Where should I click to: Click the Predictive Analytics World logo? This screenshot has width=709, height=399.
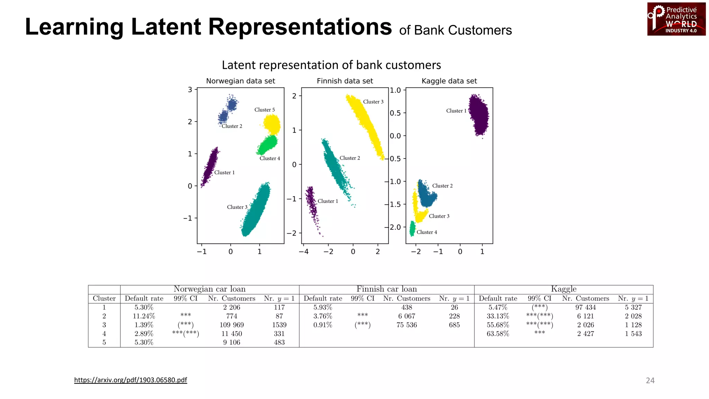click(x=676, y=19)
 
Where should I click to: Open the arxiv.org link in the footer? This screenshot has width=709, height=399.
click(x=131, y=380)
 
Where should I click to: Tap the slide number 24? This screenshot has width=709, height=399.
click(x=650, y=380)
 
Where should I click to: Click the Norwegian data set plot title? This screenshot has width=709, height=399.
click(x=240, y=81)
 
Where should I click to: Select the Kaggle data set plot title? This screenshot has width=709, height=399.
click(x=449, y=81)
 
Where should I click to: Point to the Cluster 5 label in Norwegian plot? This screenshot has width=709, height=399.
click(x=264, y=110)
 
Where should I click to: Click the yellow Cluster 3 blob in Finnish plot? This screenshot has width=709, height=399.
click(x=365, y=125)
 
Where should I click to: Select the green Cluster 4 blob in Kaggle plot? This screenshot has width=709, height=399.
click(x=412, y=229)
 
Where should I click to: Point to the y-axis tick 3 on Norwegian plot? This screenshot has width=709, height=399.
click(x=190, y=90)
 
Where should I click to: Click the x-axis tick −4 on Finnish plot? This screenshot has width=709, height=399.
click(x=304, y=251)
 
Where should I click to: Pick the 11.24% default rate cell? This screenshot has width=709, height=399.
click(x=144, y=316)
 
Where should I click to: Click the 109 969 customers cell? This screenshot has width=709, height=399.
click(x=232, y=325)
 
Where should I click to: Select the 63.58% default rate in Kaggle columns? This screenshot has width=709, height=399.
click(x=497, y=334)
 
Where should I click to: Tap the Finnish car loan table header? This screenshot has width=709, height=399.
click(x=386, y=289)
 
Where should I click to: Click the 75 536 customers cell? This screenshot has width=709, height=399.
click(x=406, y=325)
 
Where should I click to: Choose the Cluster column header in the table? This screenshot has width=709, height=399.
click(x=104, y=299)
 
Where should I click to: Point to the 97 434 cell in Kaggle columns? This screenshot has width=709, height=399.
click(x=585, y=308)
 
